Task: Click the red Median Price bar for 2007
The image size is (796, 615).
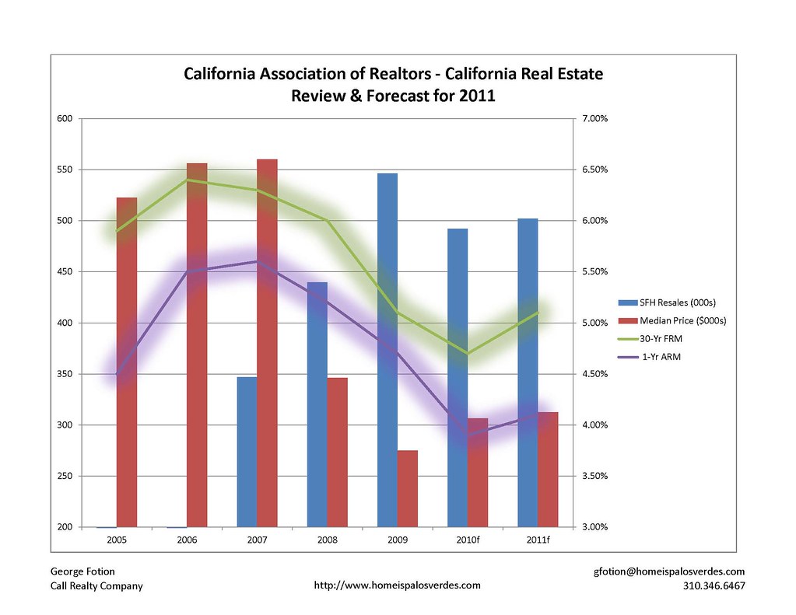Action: click(267, 342)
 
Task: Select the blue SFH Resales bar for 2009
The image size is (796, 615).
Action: click(387, 350)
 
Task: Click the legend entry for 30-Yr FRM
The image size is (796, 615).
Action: click(661, 338)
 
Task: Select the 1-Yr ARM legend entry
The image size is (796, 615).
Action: click(660, 356)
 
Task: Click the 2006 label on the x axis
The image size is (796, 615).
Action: click(187, 540)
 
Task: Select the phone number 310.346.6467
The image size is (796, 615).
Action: click(713, 585)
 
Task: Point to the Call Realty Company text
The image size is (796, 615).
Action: click(96, 585)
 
